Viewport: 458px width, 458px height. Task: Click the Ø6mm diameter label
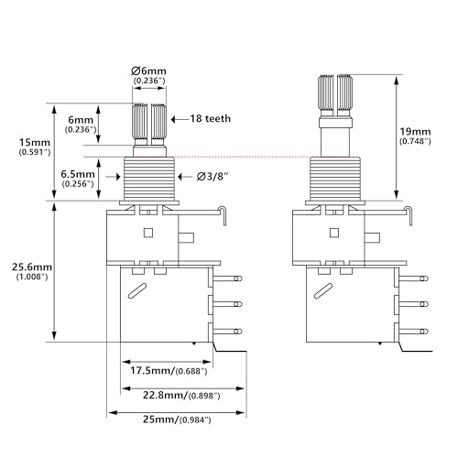coord(148,71)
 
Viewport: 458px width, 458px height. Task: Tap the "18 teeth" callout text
coord(211,118)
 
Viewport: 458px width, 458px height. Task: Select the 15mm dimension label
coord(35,142)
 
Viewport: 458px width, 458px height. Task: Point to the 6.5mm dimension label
coord(78,174)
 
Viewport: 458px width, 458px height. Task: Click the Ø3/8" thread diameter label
coord(213,177)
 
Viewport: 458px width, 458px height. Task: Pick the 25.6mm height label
coord(32,267)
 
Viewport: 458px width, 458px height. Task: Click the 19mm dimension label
coord(415,132)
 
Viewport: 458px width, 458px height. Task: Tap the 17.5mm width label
coord(153,371)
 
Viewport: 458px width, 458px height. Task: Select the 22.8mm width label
coord(165,395)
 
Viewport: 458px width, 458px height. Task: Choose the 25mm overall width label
coord(160,420)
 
